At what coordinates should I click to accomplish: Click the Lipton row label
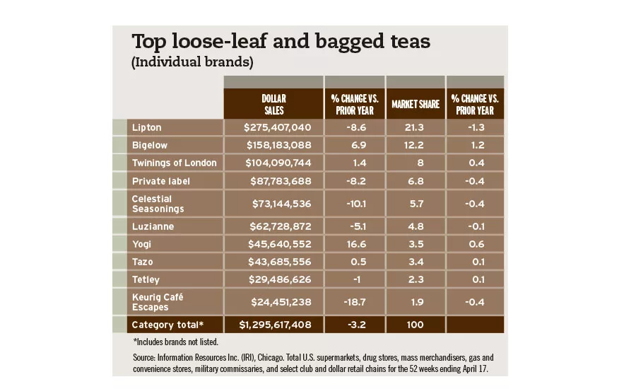(147, 128)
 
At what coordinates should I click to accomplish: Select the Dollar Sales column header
(273, 104)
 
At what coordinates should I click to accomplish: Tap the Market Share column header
(416, 105)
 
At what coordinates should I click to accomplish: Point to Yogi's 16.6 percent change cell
(355, 243)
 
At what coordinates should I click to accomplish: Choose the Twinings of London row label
(174, 163)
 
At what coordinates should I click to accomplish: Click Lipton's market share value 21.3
(416, 128)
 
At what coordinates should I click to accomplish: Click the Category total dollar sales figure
(273, 325)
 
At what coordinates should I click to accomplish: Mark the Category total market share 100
(416, 325)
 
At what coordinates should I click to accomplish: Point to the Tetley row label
(146, 279)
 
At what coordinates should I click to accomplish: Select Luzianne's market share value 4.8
(416, 226)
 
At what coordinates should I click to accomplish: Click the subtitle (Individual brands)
(192, 62)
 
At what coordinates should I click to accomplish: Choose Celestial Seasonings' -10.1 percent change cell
(355, 204)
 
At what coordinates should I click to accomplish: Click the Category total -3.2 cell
(355, 325)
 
